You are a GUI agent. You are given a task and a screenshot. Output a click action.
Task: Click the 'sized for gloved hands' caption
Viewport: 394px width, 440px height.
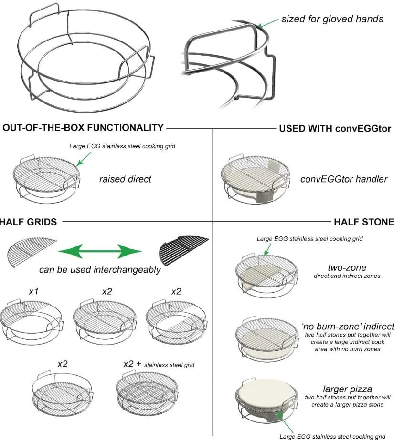[332, 20]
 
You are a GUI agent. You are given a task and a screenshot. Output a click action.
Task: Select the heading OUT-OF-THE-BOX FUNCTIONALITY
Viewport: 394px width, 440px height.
[83, 128]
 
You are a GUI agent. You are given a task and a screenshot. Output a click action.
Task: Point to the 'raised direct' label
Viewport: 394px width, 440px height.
[125, 179]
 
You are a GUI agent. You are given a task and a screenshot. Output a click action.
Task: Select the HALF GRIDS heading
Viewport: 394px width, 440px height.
[29, 222]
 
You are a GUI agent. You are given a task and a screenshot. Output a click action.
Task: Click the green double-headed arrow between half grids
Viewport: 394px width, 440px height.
[100, 251]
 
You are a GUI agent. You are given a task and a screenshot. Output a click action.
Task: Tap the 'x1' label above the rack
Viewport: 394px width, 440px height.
[33, 290]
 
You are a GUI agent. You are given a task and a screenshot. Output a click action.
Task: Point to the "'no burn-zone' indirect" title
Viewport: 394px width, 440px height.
[347, 327]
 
